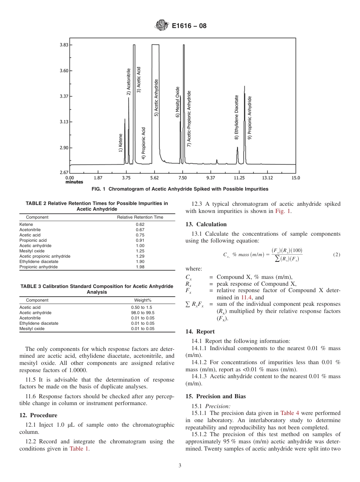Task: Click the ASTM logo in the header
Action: click(x=162, y=26)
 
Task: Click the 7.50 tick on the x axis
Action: click(x=182, y=178)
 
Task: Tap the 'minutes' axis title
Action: click(x=74, y=182)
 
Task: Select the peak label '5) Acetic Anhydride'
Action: click(x=156, y=98)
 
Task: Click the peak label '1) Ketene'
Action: click(x=121, y=143)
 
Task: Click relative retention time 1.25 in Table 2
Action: click(x=140, y=251)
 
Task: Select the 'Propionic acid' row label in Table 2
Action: click(x=33, y=240)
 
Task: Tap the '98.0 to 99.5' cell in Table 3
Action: click(x=142, y=313)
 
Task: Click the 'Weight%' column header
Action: click(x=142, y=300)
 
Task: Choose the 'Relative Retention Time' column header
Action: click(x=140, y=217)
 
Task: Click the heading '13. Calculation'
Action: click(x=206, y=224)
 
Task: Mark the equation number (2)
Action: click(x=337, y=255)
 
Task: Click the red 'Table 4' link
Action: click(x=289, y=413)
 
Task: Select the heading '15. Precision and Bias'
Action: click(x=216, y=396)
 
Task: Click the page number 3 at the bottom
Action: click(x=180, y=466)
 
